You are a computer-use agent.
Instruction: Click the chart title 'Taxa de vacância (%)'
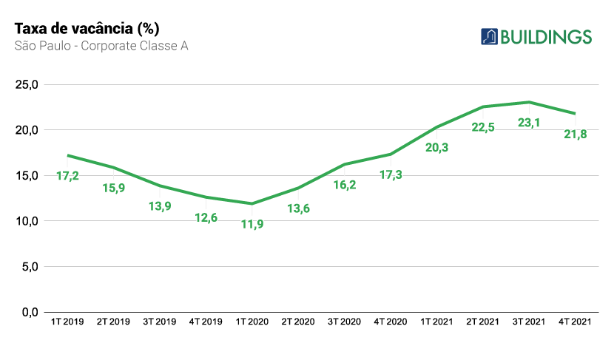(x=87, y=28)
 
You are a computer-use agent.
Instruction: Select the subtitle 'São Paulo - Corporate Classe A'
(x=101, y=46)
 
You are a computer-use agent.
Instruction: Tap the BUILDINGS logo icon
(x=489, y=36)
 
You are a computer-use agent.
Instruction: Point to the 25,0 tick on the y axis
(x=27, y=84)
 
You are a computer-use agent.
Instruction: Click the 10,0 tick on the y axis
(x=27, y=221)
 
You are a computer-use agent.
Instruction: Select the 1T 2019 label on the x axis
(x=67, y=322)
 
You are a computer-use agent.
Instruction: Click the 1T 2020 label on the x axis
(x=252, y=322)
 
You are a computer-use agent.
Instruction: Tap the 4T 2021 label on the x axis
(x=575, y=322)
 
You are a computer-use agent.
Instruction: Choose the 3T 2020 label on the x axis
(x=345, y=322)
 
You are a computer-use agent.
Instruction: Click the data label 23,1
(x=529, y=123)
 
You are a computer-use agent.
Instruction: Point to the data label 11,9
(x=252, y=224)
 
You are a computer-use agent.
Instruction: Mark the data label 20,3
(x=436, y=147)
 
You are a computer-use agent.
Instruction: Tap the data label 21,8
(x=575, y=134)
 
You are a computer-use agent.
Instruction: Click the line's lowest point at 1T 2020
(x=252, y=203)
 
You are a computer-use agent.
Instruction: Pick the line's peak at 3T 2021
(x=529, y=102)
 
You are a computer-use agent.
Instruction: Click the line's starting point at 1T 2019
(x=67, y=155)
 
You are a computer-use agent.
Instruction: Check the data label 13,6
(x=298, y=208)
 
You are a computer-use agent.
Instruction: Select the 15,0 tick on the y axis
(x=27, y=175)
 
